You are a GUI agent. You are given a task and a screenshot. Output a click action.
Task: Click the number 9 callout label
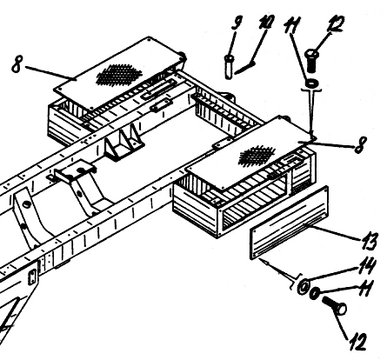(x=237, y=22)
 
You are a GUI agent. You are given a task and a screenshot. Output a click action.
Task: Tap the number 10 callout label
(x=267, y=22)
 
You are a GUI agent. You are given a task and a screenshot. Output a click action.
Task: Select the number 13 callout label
(x=368, y=241)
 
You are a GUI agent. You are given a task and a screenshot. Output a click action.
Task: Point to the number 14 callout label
(x=368, y=265)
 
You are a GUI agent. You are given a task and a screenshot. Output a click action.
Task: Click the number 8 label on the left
(x=17, y=64)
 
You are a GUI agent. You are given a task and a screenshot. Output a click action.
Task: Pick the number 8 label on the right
(x=360, y=144)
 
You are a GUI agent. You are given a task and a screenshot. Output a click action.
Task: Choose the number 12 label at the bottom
(x=357, y=342)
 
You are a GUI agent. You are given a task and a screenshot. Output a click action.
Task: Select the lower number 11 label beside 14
(x=364, y=288)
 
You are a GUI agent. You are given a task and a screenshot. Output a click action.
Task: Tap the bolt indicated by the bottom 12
(x=335, y=306)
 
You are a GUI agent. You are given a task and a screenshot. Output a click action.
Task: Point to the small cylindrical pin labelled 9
(x=229, y=67)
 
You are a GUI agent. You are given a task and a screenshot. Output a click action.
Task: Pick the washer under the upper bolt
(x=312, y=83)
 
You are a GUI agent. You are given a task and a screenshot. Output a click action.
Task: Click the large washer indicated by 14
(x=303, y=287)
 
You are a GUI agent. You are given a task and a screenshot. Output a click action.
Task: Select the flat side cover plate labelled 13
(x=289, y=223)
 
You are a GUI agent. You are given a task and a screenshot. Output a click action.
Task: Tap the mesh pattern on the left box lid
(x=118, y=75)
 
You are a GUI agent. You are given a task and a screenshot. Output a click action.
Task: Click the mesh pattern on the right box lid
(x=257, y=156)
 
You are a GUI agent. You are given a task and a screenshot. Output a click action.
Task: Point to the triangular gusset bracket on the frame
(x=124, y=143)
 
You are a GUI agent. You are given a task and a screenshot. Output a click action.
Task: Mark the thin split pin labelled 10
(x=245, y=67)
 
